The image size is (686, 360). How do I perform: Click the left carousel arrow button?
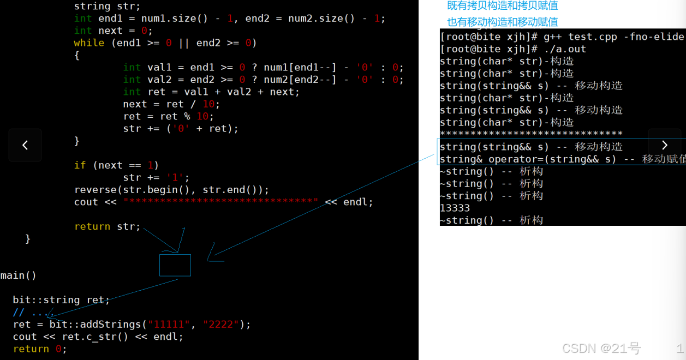[x=25, y=145]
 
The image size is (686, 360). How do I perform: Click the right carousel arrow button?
[x=664, y=145]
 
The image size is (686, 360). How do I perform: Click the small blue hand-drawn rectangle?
[x=175, y=265]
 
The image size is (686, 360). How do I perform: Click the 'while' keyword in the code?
[x=89, y=43]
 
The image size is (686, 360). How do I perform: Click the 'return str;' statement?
[x=107, y=226]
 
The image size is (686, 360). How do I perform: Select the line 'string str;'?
[x=107, y=7]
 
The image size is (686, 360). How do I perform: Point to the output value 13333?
[x=455, y=208]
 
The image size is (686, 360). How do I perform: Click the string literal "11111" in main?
[x=169, y=325]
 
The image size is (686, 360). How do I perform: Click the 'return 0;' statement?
[x=40, y=349]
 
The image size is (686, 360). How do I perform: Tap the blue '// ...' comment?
[x=31, y=313]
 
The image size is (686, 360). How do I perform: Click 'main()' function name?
[x=19, y=275]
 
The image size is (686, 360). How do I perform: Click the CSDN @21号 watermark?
[x=601, y=349]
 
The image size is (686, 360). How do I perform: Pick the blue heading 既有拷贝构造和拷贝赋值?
[x=502, y=6]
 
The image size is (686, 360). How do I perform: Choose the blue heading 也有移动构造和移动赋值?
[x=502, y=22]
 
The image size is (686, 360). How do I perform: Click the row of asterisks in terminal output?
[x=531, y=134]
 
